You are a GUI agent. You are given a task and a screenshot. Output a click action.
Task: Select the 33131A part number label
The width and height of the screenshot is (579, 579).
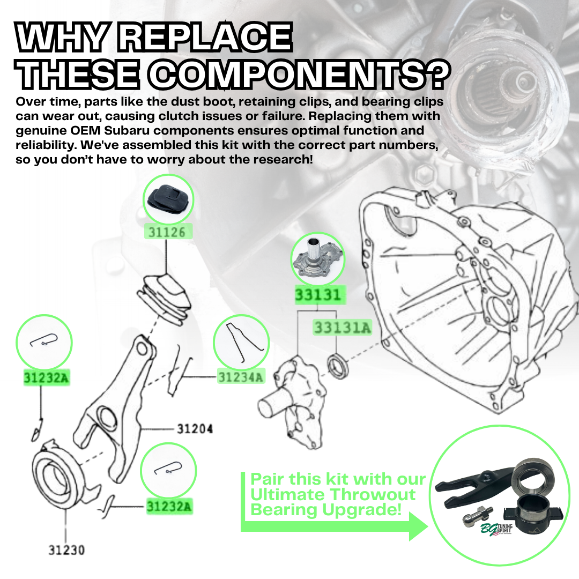[x=342, y=328]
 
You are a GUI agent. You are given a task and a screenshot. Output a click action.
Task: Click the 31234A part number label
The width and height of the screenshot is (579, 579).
[x=241, y=377]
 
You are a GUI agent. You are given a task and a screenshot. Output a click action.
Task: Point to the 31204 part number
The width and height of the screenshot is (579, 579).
[x=195, y=429]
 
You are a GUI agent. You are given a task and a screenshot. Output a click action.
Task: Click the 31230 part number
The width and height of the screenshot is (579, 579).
[x=66, y=550]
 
